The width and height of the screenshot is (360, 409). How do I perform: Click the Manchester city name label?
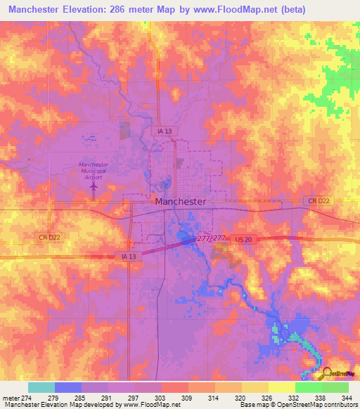click(181, 201)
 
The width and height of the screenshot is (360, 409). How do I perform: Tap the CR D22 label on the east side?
click(318, 202)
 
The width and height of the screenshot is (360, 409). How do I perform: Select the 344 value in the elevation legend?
click(346, 397)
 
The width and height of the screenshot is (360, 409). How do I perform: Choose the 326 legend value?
click(259, 397)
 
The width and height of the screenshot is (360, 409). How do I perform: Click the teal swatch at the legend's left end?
click(41, 387)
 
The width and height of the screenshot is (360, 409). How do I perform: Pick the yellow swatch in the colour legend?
click(281, 387)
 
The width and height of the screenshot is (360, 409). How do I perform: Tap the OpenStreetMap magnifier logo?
click(326, 372)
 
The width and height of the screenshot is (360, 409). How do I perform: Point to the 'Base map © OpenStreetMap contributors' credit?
click(297, 405)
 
